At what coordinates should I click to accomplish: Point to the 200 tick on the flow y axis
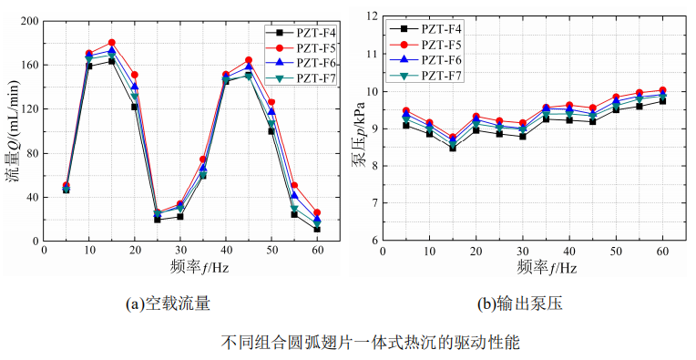26,21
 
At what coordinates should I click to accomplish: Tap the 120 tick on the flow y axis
26,109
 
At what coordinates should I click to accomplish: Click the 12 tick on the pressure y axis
370,16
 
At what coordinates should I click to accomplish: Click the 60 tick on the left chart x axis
317,251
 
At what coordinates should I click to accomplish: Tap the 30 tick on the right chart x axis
522,251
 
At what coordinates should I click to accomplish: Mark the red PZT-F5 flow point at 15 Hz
111,43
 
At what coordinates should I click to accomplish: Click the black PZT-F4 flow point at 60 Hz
317,229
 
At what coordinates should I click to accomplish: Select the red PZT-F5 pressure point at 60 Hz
662,90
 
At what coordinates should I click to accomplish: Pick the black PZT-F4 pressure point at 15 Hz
453,147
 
